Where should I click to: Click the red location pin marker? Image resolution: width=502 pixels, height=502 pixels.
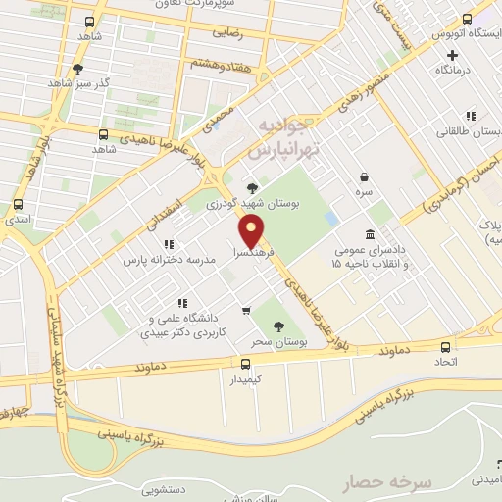pos(251,231)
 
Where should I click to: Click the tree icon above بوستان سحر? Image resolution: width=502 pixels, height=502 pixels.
pos(280,326)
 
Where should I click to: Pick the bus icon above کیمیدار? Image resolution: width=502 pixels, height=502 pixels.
pos(245,362)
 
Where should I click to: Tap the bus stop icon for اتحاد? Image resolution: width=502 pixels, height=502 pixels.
pos(447,347)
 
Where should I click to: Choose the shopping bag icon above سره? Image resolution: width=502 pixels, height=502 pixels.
pos(365,177)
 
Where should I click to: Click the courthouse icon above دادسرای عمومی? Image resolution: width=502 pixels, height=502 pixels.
pos(370,235)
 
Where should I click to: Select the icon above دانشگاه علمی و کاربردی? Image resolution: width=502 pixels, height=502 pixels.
pos(180,303)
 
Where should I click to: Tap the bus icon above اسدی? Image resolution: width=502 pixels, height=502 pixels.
pos(18,205)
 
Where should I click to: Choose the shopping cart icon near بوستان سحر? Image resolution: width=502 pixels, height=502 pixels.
pos(244,312)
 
